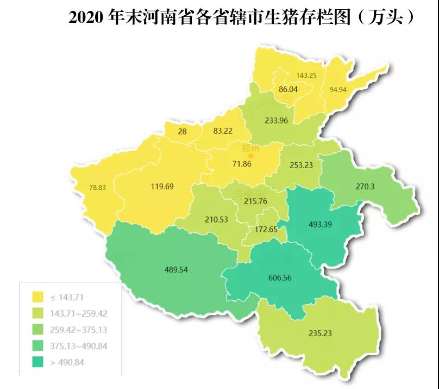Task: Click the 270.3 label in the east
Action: pos(365,186)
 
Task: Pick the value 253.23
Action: pos(301,165)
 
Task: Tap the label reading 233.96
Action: pos(276,121)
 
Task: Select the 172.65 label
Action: pos(266,230)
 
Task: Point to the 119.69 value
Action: pos(162,187)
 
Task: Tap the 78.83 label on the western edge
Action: pos(98,188)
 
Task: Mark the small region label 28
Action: pos(183,131)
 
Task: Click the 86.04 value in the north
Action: pos(288,89)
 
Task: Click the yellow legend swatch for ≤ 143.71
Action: pos(38,297)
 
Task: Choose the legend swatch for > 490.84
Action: pos(38,362)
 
